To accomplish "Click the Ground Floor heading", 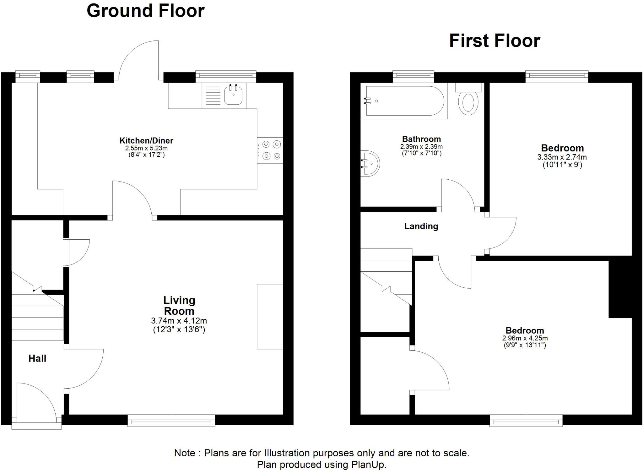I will [145, 11].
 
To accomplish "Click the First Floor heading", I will [494, 41].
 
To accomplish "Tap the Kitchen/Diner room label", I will [146, 140].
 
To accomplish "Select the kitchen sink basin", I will [233, 95].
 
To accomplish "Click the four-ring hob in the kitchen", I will [270, 150].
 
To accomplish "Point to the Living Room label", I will [179, 306].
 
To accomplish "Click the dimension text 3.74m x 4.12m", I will [179, 321].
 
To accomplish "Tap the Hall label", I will [37, 358].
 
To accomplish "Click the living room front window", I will [171, 420].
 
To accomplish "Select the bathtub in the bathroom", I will [404, 101].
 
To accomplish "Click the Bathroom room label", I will [421, 139].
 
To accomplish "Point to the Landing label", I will [421, 226].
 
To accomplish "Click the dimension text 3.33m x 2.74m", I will [562, 157].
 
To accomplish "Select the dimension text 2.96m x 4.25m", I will [525, 338].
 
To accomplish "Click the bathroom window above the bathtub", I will [413, 75].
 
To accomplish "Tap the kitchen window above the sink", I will [226, 76].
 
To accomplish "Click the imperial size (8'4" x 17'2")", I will [146, 155].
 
